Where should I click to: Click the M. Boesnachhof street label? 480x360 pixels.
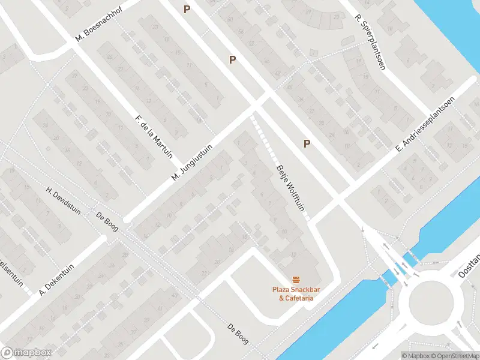click(100, 28)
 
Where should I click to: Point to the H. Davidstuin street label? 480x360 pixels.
click(64, 195)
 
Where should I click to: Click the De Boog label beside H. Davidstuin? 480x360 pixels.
click(107, 220)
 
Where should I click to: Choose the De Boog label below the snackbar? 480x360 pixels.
click(238, 334)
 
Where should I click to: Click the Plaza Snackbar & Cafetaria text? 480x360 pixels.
click(295, 294)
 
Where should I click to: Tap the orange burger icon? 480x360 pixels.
click(295, 280)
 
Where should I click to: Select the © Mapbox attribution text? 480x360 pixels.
click(416, 355)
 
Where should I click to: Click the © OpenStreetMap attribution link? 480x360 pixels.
click(455, 355)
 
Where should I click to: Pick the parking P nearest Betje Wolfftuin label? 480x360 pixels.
click(307, 143)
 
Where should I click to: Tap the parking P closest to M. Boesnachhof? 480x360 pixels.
click(187, 9)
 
